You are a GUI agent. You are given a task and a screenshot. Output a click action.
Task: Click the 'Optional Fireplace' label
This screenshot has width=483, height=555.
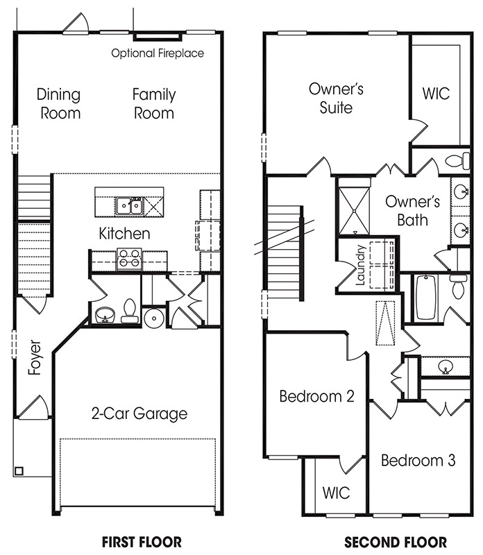pyautogui.click(x=158, y=53)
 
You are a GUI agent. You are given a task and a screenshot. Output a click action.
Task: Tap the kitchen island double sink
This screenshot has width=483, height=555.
pyautogui.click(x=129, y=205)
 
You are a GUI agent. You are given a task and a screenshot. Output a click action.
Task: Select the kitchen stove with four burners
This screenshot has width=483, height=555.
pyautogui.click(x=129, y=259)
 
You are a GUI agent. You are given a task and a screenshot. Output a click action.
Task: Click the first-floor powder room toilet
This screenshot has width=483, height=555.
pyautogui.click(x=130, y=311)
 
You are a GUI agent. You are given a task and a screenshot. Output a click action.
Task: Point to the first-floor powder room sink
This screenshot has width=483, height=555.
pyautogui.click(x=105, y=315)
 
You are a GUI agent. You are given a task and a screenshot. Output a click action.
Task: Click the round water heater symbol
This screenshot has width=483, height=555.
pyautogui.click(x=153, y=318)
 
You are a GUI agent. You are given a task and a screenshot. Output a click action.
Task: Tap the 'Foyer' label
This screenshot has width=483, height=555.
pyautogui.click(x=35, y=357)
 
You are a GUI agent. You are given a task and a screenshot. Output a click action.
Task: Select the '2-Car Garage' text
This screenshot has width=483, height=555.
pyautogui.click(x=139, y=413)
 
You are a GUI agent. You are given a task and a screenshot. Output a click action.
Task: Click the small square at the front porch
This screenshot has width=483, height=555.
pyautogui.click(x=19, y=471)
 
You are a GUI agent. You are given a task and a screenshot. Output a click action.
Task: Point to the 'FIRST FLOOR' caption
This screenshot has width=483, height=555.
pyautogui.click(x=142, y=542)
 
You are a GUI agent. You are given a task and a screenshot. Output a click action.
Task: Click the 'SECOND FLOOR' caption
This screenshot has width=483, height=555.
pyautogui.click(x=396, y=542)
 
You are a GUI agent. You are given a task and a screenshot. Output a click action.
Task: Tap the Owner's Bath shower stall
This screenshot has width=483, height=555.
pyautogui.click(x=354, y=211)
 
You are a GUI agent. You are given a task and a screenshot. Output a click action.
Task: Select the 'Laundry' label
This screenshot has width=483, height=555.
pyautogui.click(x=360, y=265)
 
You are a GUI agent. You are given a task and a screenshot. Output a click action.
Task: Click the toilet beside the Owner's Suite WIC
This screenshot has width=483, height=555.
pyautogui.click(x=457, y=161)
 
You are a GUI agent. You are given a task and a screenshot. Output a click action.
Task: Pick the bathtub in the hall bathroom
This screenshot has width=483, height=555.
pyautogui.click(x=425, y=298)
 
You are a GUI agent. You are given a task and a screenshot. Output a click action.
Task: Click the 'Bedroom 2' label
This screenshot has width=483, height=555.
pyautogui.click(x=316, y=396)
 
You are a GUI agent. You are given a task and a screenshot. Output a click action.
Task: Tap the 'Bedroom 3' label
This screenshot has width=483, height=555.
pyautogui.click(x=418, y=461)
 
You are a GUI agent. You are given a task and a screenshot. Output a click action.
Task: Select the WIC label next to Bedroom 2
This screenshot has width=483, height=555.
pyautogui.click(x=336, y=493)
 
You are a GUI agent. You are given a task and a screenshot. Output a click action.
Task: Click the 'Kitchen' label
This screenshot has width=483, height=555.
pyautogui.click(x=124, y=234)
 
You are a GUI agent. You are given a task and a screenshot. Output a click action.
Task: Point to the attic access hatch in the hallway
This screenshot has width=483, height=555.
pyautogui.click(x=385, y=323)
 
